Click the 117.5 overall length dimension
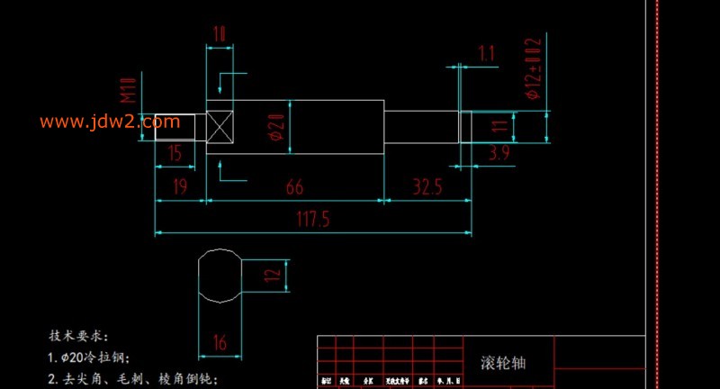coord(313,220)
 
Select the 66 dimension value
coord(293,186)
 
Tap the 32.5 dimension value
coord(427,186)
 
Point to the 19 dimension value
coord(180,186)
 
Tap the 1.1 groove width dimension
coord(487,54)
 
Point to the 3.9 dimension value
coord(499,154)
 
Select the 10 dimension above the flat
coord(219,35)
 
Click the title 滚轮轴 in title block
coord(503,363)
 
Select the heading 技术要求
coord(79,335)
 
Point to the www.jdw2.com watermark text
coord(99,122)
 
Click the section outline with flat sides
coord(220,276)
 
